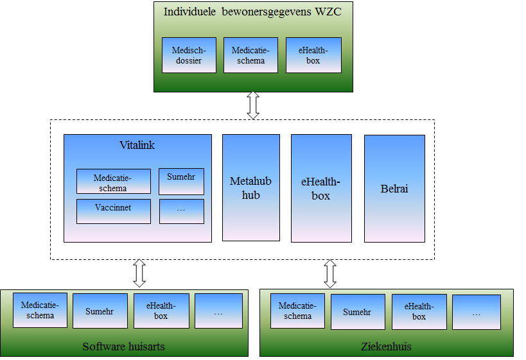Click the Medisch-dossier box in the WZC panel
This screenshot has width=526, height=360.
[x=189, y=55]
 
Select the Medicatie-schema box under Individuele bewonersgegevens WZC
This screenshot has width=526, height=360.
[x=250, y=55]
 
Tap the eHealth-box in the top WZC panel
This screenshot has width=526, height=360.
[x=313, y=55]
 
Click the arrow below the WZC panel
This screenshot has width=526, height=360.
[x=253, y=105]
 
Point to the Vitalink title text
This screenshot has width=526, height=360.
[x=137, y=146]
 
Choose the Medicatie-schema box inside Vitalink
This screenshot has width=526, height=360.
[x=113, y=182]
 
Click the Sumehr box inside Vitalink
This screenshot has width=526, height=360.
[x=181, y=182]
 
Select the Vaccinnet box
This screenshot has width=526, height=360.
[x=113, y=211]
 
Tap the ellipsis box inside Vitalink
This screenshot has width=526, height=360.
[x=181, y=211]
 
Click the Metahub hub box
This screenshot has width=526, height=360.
[x=250, y=187]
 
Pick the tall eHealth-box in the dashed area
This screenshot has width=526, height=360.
[x=321, y=188]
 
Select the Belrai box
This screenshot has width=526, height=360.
[x=394, y=188]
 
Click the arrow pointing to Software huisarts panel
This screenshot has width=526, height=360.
[x=139, y=274]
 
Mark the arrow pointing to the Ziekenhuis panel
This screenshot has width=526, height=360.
[x=330, y=274]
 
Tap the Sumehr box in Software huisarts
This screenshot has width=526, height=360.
[x=100, y=311]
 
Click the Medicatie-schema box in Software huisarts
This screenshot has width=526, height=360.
[x=40, y=310]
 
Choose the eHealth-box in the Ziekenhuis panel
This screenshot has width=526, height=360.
[x=419, y=312]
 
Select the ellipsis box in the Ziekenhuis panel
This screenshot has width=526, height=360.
[x=476, y=312]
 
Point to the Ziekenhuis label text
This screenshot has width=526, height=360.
[x=386, y=347]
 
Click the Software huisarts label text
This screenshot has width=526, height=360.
[x=124, y=347]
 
